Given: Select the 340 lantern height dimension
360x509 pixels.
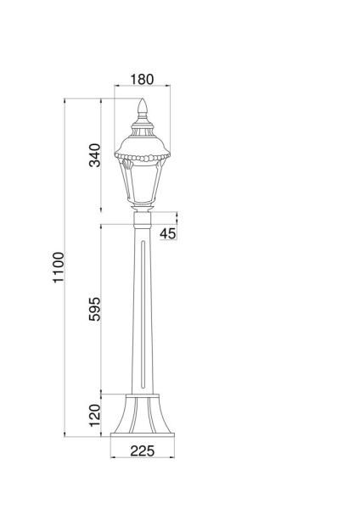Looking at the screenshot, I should pyautogui.click(x=95, y=155).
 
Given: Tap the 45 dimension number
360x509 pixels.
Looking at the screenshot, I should pyautogui.click(x=167, y=233).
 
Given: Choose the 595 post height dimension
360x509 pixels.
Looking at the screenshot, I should pyautogui.click(x=95, y=311).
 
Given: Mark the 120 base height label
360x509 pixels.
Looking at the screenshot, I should pyautogui.click(x=95, y=414).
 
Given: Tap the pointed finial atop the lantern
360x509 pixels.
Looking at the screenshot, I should pyautogui.click(x=143, y=109).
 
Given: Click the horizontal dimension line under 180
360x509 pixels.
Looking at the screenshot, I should pyautogui.click(x=143, y=86).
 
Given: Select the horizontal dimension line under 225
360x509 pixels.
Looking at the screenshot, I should pyautogui.click(x=143, y=459).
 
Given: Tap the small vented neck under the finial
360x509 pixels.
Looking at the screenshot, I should pyautogui.click(x=143, y=127).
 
